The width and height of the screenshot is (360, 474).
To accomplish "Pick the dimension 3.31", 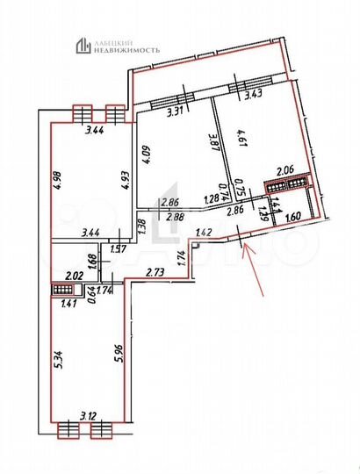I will coord(176,111).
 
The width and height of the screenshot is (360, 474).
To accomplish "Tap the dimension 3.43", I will coord(255,94).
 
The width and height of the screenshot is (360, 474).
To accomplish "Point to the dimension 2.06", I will coord(285,170).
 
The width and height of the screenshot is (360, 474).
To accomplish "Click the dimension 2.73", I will coord(156,272).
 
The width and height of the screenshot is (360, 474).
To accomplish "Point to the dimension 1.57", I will coord(119,249).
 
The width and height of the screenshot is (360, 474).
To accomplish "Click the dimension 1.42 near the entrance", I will coord(205,233).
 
